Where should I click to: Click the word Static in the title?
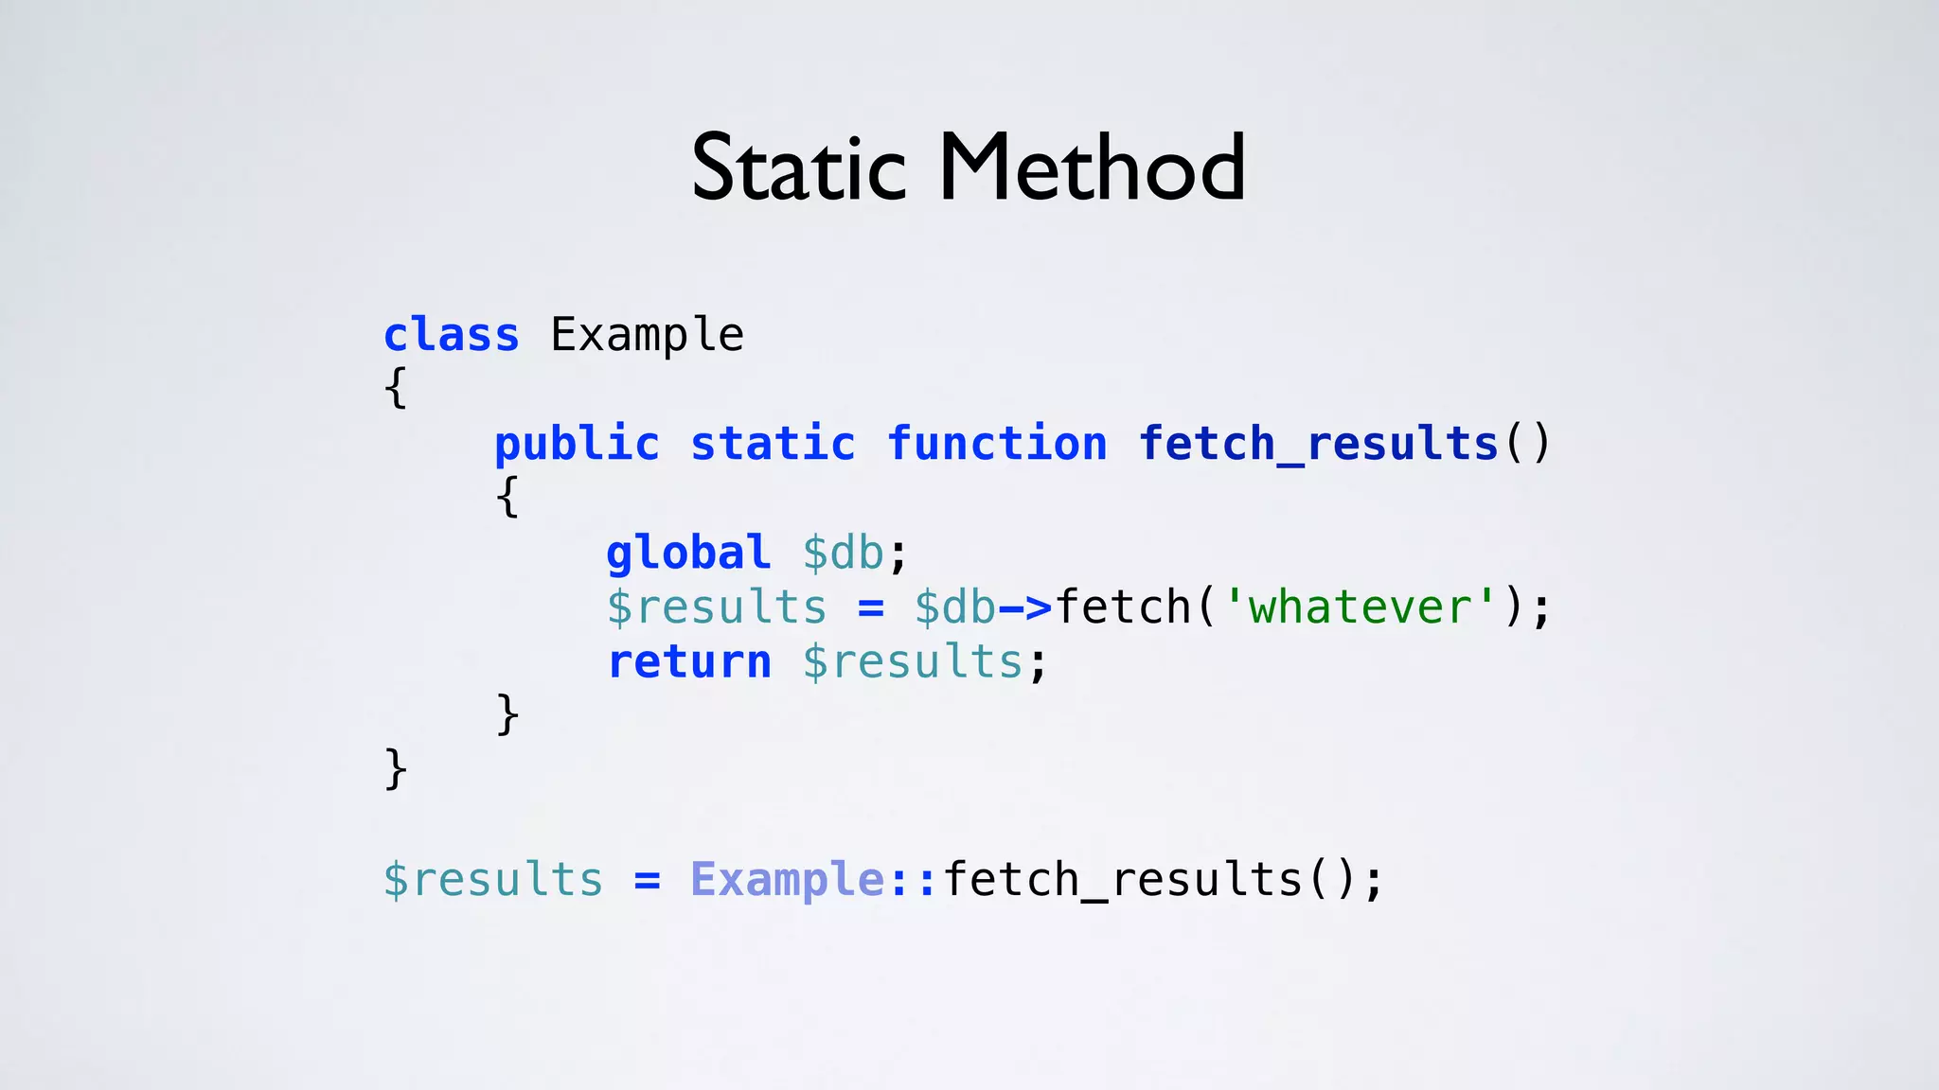[x=798, y=168]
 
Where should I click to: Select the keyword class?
[x=452, y=335]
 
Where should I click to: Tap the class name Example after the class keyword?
[x=648, y=335]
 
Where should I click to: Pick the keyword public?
[x=577, y=445]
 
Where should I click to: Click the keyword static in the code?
[x=773, y=445]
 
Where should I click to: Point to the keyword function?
[x=997, y=445]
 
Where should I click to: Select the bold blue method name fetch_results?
[x=1319, y=445]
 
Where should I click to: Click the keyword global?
[x=688, y=554]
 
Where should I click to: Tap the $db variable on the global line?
[x=843, y=554]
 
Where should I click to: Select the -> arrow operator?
[x=1025, y=607]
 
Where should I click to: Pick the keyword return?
[x=689, y=662]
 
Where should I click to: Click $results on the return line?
[x=913, y=662]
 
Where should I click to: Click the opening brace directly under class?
[x=396, y=388]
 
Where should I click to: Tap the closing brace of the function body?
[x=507, y=714]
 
